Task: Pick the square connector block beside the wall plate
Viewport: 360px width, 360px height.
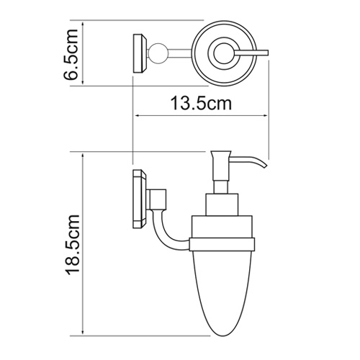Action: (159, 196)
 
